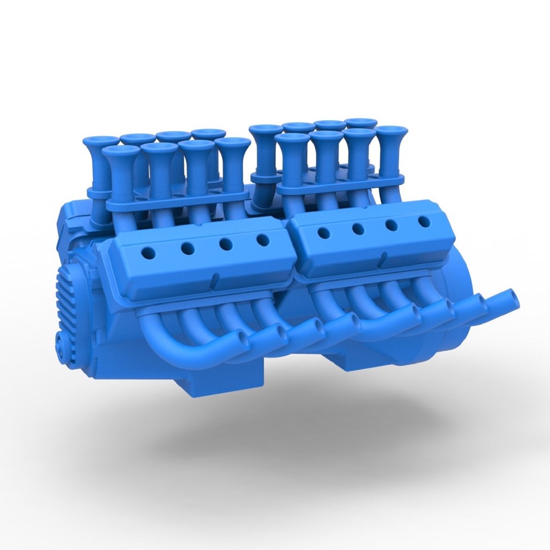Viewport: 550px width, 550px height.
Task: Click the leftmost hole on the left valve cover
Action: (149, 252)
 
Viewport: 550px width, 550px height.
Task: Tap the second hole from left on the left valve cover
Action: (187, 248)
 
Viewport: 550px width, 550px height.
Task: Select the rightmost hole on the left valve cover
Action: (263, 239)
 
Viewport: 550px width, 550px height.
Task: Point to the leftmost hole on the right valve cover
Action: (323, 233)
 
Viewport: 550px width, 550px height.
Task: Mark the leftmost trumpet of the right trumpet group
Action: (266, 129)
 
